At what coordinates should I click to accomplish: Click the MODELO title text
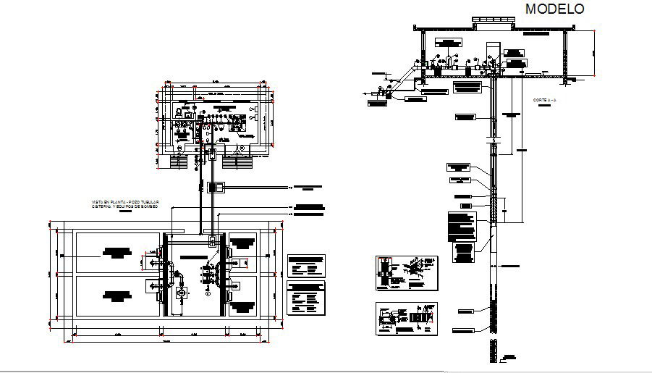pos(555,9)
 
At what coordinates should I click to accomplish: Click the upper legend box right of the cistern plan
pos(306,265)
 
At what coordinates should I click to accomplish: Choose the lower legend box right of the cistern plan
pos(306,298)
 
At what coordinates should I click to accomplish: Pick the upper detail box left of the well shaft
pos(406,274)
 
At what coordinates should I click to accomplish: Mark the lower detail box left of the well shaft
pos(406,319)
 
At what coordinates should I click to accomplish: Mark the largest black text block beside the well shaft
pos(462,226)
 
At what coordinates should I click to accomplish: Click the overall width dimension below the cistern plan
pos(166,340)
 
